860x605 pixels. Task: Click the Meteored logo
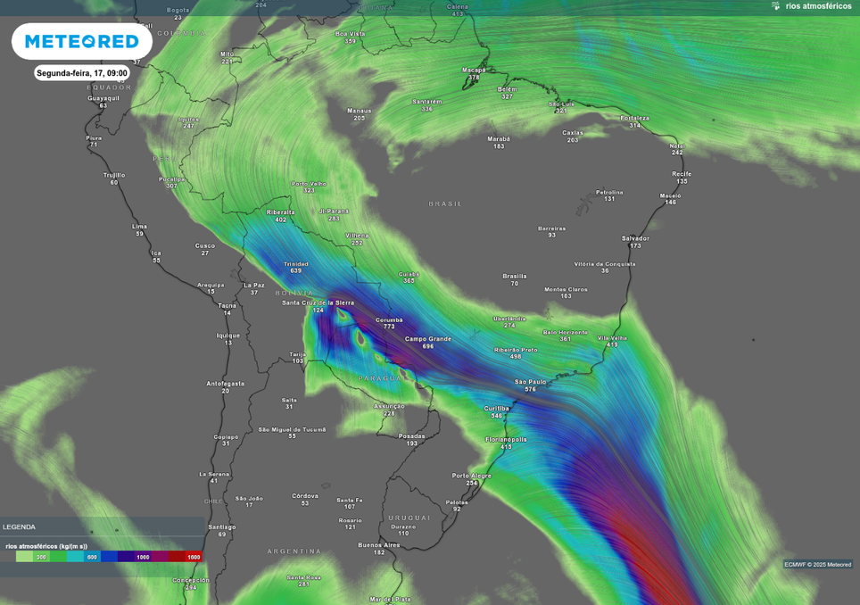coord(82,41)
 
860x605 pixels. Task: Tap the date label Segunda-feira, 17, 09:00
coord(82,73)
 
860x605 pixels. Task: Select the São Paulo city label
coord(530,382)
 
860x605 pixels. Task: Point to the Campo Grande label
coord(428,339)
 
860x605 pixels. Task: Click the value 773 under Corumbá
coord(389,327)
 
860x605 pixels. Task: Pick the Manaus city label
coord(359,111)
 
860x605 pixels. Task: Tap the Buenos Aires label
coord(379,544)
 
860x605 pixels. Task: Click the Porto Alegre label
coord(472,476)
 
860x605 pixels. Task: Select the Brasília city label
coord(515,276)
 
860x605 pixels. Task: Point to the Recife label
coord(682,174)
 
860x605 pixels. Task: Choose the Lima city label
coord(139,227)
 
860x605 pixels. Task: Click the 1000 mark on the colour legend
coord(143,557)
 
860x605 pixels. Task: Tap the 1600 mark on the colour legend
coord(194,557)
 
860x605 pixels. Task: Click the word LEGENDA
coord(20,527)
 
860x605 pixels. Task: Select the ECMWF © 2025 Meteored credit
coord(817,565)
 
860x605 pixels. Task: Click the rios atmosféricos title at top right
coord(818,6)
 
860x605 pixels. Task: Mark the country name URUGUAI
coord(409,518)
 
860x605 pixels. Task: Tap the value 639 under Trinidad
coord(295,271)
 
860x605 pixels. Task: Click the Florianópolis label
coord(506,439)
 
